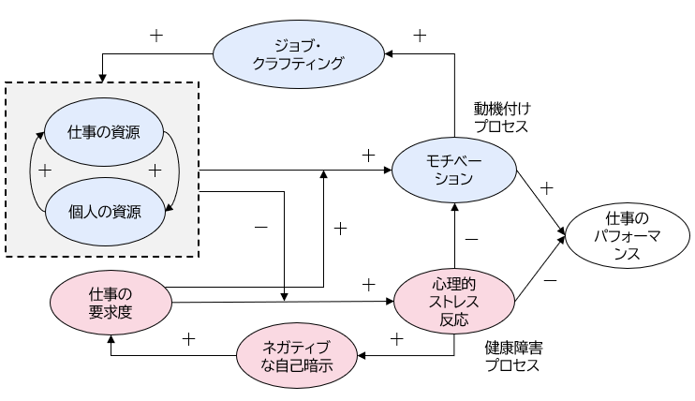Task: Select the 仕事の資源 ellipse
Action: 104,131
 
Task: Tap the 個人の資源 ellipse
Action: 104,211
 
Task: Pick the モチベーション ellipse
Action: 454,170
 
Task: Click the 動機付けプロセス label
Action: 501,117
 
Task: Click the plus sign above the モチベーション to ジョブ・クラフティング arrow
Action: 420,36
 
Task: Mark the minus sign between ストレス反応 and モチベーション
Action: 471,240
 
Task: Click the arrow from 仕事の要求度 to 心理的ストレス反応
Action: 281,302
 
